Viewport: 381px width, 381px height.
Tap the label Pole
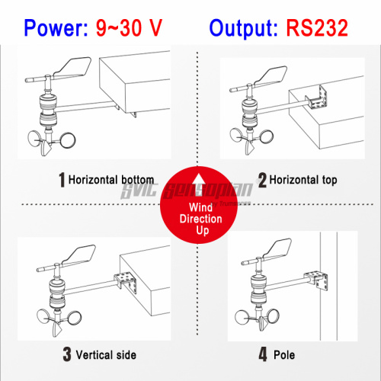[285, 354]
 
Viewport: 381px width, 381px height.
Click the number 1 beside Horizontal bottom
[61, 181]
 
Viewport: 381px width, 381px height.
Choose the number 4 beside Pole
[263, 354]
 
